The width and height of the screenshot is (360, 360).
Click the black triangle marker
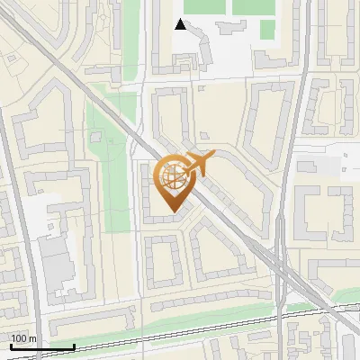(x=181, y=24)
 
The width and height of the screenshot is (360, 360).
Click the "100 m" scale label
(x=22, y=338)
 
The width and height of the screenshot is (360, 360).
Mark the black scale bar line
(x=41, y=346)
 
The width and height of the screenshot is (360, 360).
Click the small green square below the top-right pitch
(x=267, y=30)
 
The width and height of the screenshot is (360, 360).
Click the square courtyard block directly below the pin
(x=163, y=261)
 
